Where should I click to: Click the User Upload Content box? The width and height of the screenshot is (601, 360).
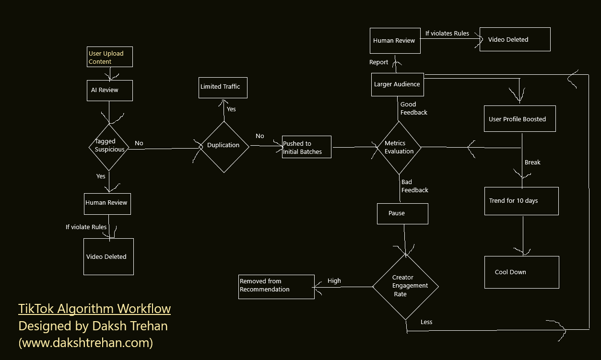tap(110, 57)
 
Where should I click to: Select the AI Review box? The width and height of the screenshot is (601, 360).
tap(109, 90)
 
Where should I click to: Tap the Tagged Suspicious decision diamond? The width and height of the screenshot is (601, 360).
tap(109, 146)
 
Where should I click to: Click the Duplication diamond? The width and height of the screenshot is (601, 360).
tap(224, 146)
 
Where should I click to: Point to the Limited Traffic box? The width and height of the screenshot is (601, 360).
tap(223, 87)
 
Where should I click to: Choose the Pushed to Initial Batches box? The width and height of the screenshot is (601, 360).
tap(306, 147)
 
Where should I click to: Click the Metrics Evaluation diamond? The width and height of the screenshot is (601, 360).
tap(399, 147)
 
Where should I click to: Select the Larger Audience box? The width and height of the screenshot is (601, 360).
tap(397, 84)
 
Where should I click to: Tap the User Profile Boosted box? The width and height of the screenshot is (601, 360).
tap(519, 119)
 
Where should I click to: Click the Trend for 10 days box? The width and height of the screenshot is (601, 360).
tap(521, 201)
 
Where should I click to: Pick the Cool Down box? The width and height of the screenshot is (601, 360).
tap(521, 272)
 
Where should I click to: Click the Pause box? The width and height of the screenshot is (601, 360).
tap(402, 213)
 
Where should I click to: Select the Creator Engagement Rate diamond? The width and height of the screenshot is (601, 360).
tap(405, 286)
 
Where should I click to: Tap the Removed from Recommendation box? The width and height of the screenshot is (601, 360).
tap(276, 286)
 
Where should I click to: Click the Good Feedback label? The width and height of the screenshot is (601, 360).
tap(413, 108)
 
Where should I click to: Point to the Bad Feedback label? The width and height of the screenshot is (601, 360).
tap(414, 186)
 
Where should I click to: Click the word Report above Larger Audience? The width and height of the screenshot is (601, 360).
tap(378, 62)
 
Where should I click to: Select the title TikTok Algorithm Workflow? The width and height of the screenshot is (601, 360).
tap(94, 309)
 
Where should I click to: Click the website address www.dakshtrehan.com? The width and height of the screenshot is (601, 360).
tap(86, 343)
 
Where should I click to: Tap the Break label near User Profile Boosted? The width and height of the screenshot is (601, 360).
tap(532, 163)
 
